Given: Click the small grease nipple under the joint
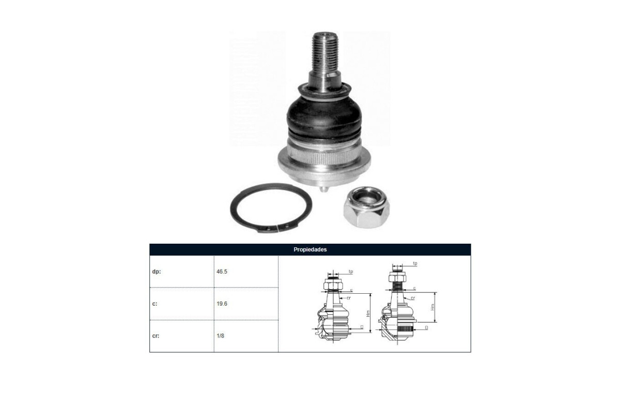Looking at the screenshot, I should coord(324,189).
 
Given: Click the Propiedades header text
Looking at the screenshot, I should coord(310,249).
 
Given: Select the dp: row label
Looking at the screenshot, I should coord(157,271).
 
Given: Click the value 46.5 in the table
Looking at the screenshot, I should coord(222,271).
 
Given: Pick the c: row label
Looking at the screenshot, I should coord(155,304).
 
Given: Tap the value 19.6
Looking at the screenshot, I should coord(222,304).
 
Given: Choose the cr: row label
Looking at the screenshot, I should coord(156,336).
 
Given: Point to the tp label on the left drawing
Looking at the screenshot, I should coord(350,271).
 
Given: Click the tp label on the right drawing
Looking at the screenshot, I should coord(415,264).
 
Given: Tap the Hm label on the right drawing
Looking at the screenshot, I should coord(433,307).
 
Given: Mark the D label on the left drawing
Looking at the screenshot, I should coord(362,327).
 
